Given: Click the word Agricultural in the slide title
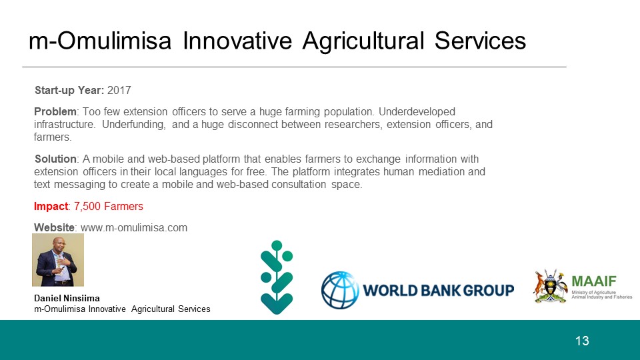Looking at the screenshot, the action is (x=363, y=41).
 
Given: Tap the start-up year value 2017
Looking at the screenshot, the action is (x=119, y=90).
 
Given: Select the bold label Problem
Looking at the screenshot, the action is (x=55, y=111).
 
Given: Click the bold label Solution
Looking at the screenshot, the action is (x=55, y=159).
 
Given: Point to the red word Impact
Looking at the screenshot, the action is (x=51, y=207).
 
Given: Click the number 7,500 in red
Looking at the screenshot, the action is (x=87, y=207).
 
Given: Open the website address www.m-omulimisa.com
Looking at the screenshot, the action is (x=134, y=227).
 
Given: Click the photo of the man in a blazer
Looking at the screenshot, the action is (x=58, y=259).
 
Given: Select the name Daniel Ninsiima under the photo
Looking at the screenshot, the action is (x=67, y=298).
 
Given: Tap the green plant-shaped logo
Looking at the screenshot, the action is (x=277, y=277).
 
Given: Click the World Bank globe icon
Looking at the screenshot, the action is (x=340, y=290).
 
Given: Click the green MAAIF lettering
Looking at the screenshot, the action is (x=594, y=281).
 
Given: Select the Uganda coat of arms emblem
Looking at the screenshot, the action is (x=550, y=286).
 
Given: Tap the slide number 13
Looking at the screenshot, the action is (x=582, y=341).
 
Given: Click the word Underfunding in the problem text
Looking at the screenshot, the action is (x=134, y=125).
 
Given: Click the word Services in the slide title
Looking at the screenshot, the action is (x=480, y=41).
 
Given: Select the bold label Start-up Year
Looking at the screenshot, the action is (x=69, y=90).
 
